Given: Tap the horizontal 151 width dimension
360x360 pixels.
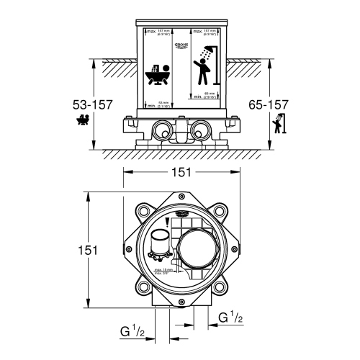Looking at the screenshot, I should [x=182, y=172].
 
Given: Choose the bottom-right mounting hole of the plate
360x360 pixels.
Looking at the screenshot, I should [x=219, y=287].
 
